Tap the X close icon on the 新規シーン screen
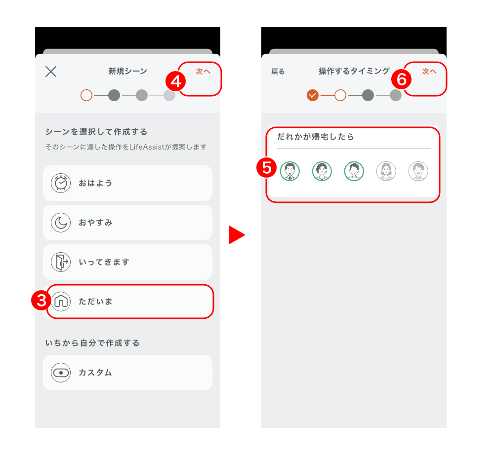pos(51,72)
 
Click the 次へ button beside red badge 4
pos(203,72)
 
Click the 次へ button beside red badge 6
pos(429,72)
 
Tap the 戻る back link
pos(278,72)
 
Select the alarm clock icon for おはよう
pos(61,183)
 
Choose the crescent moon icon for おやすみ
pos(61,223)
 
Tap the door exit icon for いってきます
pos(61,262)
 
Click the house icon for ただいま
pos(61,301)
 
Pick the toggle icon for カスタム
pos(61,373)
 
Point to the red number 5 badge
pos(267,168)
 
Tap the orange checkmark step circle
pos(313,95)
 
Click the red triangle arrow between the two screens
pos(237,235)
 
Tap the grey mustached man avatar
pos(418,171)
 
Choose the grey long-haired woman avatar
pos(386,171)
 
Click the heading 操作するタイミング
pos(354,71)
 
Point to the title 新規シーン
pos(127,71)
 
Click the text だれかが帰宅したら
pos(315,137)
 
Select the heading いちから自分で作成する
pos(92,343)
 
